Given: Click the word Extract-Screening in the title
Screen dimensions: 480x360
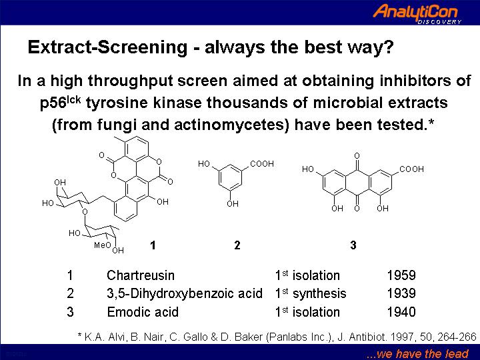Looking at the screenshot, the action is pyautogui.click(x=107, y=47).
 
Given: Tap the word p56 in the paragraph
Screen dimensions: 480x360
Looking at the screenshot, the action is pyautogui.click(x=53, y=103).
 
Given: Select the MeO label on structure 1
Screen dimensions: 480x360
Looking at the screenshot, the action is pyautogui.click(x=102, y=245).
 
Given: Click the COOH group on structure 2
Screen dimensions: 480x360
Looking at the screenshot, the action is pyautogui.click(x=262, y=164).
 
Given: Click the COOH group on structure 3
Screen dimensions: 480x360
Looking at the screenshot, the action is pyautogui.click(x=412, y=169).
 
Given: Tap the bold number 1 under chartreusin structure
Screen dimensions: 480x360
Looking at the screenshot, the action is pyautogui.click(x=153, y=245).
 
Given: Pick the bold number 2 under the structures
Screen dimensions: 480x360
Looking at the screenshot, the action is pyautogui.click(x=237, y=245).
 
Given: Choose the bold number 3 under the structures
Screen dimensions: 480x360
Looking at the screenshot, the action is pyautogui.click(x=353, y=245).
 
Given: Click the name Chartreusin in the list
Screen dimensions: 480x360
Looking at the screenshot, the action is pyautogui.click(x=141, y=275).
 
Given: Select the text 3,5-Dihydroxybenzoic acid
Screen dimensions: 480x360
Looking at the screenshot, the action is pyautogui.click(x=185, y=293).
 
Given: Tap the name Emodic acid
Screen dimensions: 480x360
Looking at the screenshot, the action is pyautogui.click(x=143, y=312).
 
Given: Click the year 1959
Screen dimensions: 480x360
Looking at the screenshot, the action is pyautogui.click(x=401, y=275).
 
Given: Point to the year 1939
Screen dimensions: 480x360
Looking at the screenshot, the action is pyautogui.click(x=401, y=293).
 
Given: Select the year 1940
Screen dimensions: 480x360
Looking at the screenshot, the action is pyautogui.click(x=401, y=312).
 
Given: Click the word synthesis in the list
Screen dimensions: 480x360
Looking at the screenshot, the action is pyautogui.click(x=319, y=294).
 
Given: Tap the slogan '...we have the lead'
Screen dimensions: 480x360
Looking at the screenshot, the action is pyautogui.click(x=417, y=354).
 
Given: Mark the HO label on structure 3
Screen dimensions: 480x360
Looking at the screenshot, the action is pyautogui.click(x=308, y=169).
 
